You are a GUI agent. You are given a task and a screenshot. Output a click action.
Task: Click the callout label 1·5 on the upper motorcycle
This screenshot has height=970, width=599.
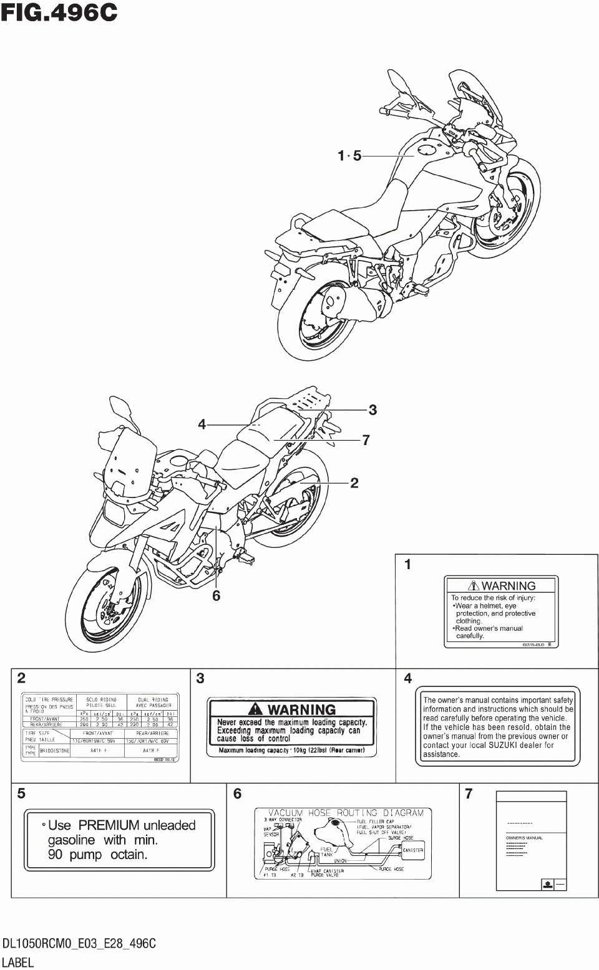pos(349,156)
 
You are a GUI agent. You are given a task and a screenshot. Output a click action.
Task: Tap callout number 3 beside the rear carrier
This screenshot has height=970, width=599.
pos(373,410)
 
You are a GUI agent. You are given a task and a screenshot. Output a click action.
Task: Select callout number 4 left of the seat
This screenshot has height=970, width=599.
pos(202,425)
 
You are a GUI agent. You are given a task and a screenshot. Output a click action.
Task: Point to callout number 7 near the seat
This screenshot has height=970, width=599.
pos(366,440)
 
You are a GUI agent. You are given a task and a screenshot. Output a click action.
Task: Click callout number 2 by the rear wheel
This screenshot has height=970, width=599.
pos(354,483)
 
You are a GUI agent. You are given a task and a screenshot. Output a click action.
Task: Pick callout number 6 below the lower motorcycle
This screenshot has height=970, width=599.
pos(216,596)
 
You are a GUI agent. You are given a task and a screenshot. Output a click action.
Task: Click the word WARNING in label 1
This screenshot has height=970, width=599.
pos(509,585)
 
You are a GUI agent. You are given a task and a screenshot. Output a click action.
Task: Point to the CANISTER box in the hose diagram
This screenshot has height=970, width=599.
pos(413,850)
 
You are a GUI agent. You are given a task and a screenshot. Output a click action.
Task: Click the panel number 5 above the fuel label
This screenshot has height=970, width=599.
pos(22,794)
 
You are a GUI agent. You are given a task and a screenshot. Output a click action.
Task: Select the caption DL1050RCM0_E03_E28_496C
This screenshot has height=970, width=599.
pos(78,944)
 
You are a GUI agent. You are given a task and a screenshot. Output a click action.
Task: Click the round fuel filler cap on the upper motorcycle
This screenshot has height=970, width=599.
pos(427,150)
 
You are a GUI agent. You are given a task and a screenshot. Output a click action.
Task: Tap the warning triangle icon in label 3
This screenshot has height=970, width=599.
pos(255,709)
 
